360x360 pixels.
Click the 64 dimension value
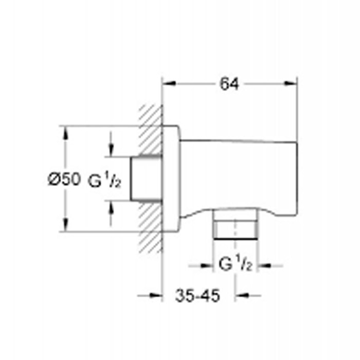click(x=229, y=84)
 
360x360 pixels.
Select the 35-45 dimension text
click(x=197, y=296)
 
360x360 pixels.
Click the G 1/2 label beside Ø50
click(x=104, y=181)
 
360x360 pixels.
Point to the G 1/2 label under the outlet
click(x=236, y=264)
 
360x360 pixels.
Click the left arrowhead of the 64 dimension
click(x=169, y=83)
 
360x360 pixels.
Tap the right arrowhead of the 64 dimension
click(x=291, y=83)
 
